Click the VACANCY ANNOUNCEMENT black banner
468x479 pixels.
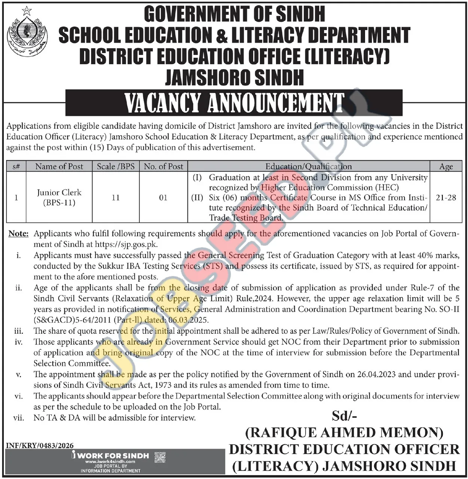coord(234,102)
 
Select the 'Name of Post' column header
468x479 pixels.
coord(59,166)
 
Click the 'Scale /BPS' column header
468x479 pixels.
coord(116,166)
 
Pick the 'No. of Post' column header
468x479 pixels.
coord(163,166)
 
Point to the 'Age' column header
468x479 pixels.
coord(446,166)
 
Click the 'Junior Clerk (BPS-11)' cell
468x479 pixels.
coord(59,197)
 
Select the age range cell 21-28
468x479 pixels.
coord(446,197)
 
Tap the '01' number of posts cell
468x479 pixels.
coord(163,197)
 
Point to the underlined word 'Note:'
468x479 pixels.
coord(18,233)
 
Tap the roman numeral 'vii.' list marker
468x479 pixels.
coord(18,417)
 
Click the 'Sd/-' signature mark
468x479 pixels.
coord(344,416)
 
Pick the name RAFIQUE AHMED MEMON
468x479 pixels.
coord(344,432)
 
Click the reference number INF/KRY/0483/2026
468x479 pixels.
coord(40,446)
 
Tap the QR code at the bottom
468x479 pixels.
coord(160,457)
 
